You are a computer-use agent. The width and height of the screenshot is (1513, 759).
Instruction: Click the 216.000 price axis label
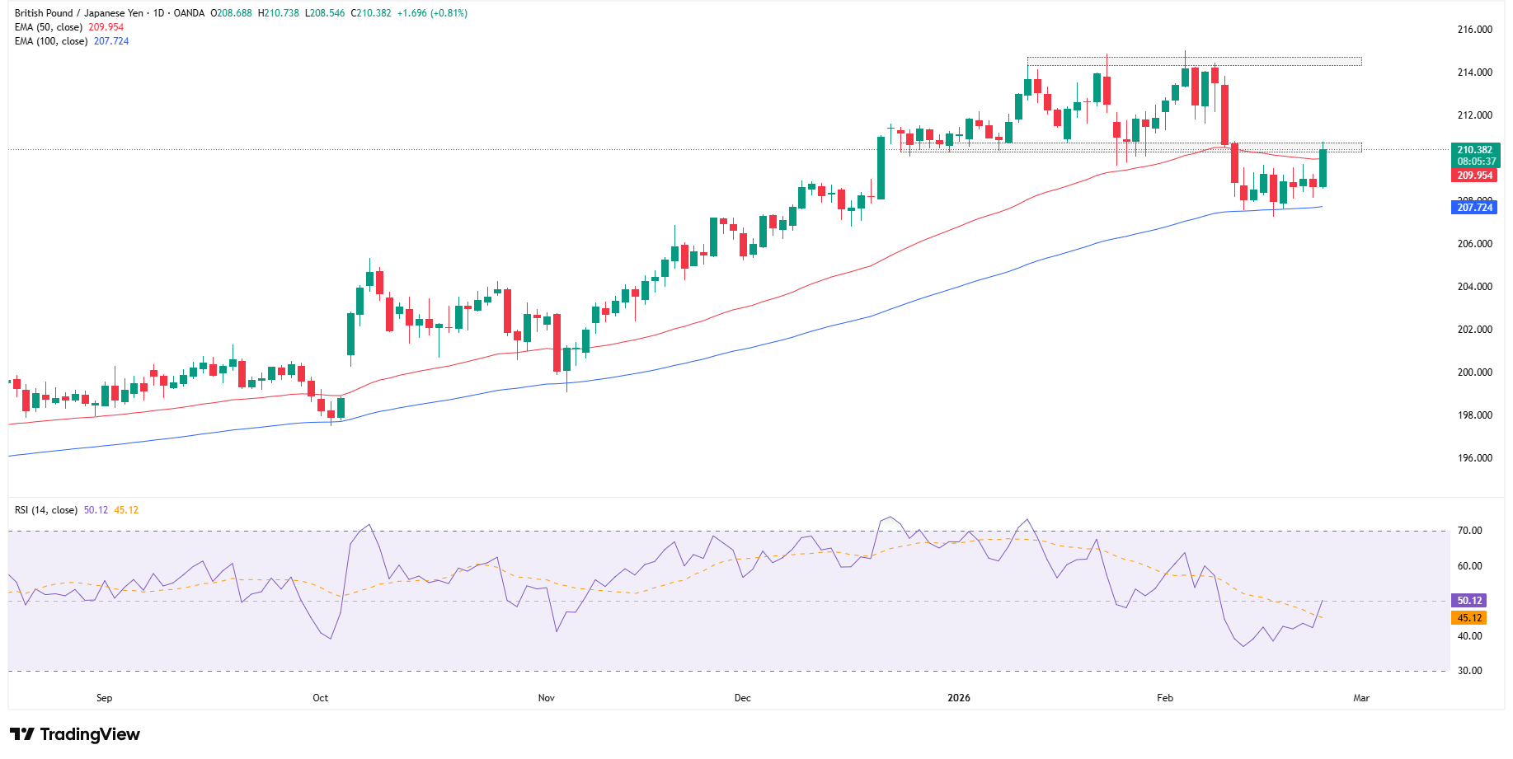point(1474,30)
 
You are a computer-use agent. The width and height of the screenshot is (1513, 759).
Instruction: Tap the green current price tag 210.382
point(1474,150)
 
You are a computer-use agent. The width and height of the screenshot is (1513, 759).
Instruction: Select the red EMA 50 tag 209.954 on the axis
point(1474,176)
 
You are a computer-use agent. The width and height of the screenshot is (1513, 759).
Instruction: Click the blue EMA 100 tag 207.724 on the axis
point(1474,208)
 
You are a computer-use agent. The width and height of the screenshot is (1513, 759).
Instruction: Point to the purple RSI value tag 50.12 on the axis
point(1469,601)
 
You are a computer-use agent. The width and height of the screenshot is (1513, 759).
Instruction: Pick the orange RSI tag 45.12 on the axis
point(1469,618)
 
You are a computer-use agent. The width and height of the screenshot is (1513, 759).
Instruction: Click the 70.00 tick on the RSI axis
point(1469,531)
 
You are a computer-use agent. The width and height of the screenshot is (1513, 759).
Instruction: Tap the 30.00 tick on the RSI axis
point(1469,671)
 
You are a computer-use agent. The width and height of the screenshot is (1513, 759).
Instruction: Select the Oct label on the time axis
point(320,698)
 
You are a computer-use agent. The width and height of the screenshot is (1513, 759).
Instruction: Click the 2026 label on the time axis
point(959,698)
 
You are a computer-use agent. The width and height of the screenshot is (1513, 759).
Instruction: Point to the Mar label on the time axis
point(1361,698)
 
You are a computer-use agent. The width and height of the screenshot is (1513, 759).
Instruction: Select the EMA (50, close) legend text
point(49,27)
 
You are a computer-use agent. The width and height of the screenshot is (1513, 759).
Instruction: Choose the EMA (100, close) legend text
point(51,41)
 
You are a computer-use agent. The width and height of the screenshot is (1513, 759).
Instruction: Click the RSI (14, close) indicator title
point(46,510)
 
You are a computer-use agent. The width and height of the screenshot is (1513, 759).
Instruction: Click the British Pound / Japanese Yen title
point(79,13)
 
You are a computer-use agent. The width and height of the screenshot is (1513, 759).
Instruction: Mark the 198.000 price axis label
point(1474,415)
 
